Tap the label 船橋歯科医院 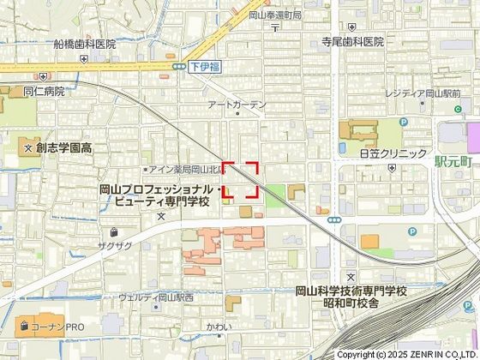click(84, 44)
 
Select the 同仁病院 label click(44, 92)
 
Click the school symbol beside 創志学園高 click(28, 148)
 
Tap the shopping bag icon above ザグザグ click(113, 231)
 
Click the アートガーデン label click(237, 105)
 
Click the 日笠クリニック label click(393, 153)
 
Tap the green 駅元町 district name click(453, 160)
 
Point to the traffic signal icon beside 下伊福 click(178, 66)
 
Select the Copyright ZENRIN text click(406, 354)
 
